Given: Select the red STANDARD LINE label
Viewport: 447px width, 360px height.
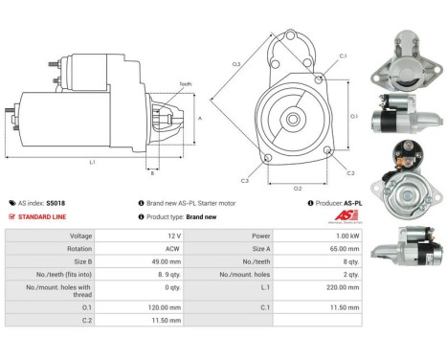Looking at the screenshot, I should tap(40, 216).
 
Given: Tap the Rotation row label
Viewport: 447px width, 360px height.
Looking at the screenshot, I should tap(79, 247).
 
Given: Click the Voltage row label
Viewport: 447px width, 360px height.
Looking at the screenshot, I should tap(81, 235).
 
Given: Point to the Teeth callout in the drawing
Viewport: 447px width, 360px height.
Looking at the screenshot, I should tap(185, 84).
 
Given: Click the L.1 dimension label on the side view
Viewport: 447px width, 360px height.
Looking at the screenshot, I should tap(92, 163).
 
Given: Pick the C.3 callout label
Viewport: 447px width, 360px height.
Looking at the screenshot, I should tap(245, 180).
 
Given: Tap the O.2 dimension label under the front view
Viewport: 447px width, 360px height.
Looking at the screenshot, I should tap(298, 188).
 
